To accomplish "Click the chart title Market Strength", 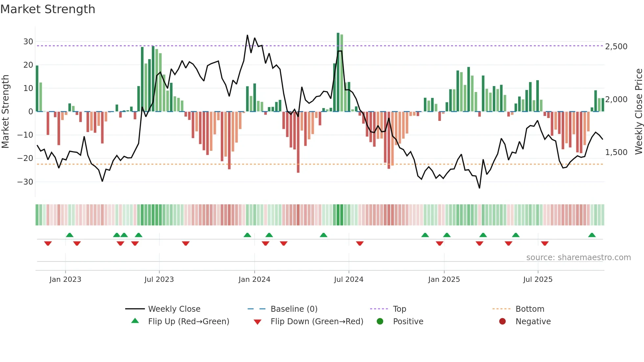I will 48,9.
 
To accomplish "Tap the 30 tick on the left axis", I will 28,42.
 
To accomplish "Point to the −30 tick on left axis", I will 25,182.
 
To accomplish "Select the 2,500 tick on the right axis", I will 616,46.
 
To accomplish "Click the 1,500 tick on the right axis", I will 616,152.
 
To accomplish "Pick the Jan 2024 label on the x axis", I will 254,280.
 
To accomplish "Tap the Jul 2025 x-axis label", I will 538,280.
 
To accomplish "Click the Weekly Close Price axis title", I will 638,111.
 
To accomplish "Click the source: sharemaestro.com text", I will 578,258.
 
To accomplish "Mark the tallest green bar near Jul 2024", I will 338,72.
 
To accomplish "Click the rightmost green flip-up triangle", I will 592,235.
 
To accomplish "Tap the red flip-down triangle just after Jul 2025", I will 545,243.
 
